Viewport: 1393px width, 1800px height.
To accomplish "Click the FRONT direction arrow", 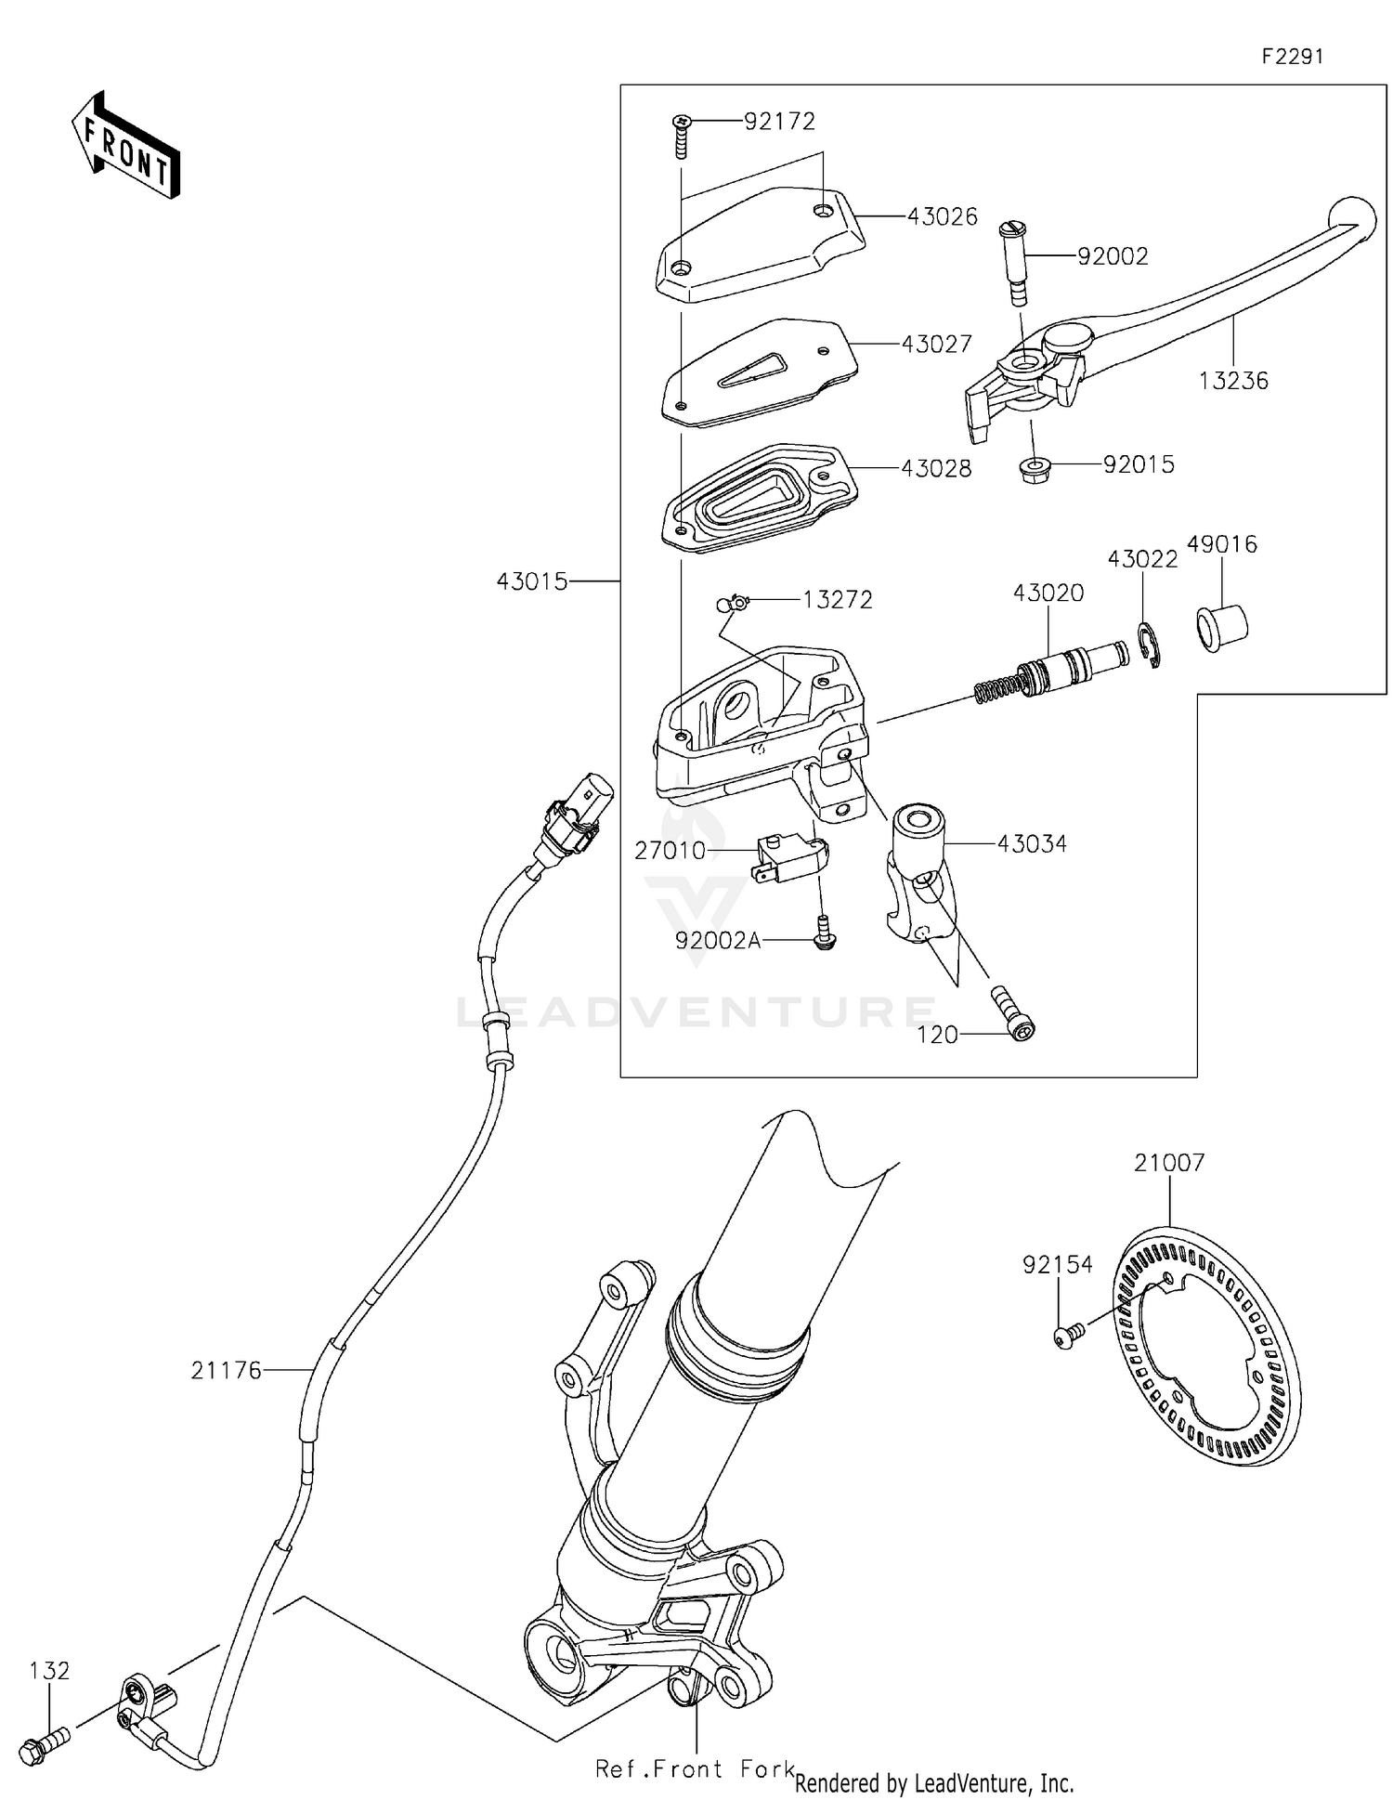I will coord(125,147).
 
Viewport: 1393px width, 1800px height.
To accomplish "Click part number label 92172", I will coord(779,122).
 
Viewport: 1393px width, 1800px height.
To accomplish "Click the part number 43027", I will coord(936,345).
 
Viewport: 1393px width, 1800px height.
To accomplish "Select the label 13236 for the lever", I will coord(1232,381).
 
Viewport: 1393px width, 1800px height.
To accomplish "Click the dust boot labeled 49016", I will coord(1220,628).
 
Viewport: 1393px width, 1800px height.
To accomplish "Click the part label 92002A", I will coord(717,941).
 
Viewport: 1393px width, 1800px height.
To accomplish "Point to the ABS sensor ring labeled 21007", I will coord(1207,1346).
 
